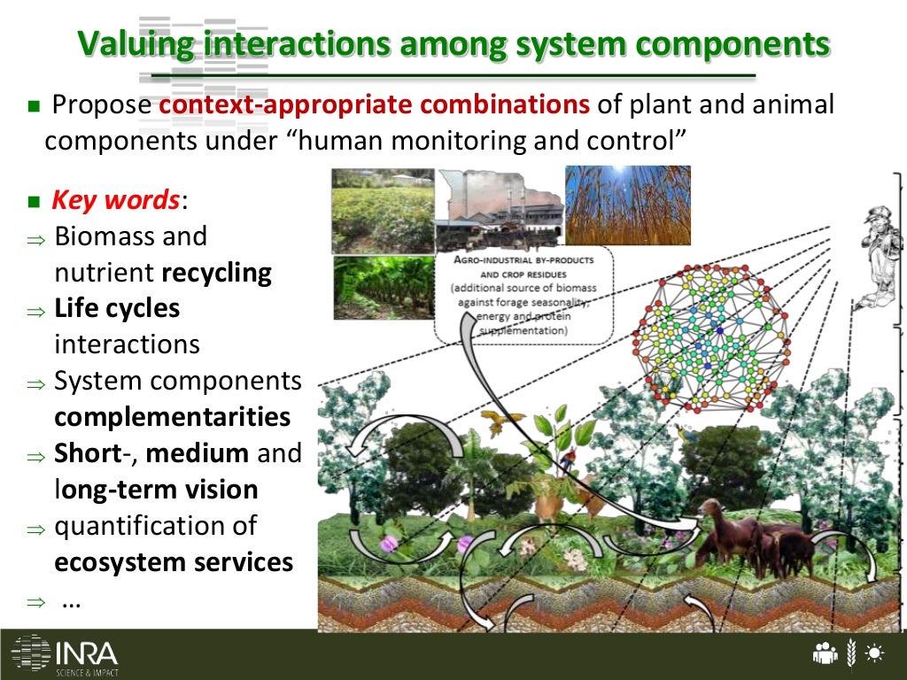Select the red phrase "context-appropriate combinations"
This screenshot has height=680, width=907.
pos(375,105)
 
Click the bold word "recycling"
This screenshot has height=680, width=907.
pos(217,273)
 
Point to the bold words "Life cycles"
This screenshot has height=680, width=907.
pos(117,309)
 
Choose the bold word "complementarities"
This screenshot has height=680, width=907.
pos(173,417)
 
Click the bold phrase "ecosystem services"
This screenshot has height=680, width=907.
pos(174,562)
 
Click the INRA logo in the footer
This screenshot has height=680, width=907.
pos(65,654)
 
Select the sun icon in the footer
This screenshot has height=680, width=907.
pos(876,654)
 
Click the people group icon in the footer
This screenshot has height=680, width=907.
pos(825,654)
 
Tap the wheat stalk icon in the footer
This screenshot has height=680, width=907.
pos(851,653)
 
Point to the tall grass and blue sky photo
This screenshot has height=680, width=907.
pos(627,205)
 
